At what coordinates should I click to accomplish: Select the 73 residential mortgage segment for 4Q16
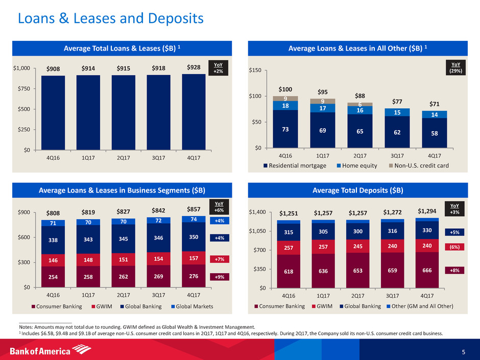285,129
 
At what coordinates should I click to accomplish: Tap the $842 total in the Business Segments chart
157,210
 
